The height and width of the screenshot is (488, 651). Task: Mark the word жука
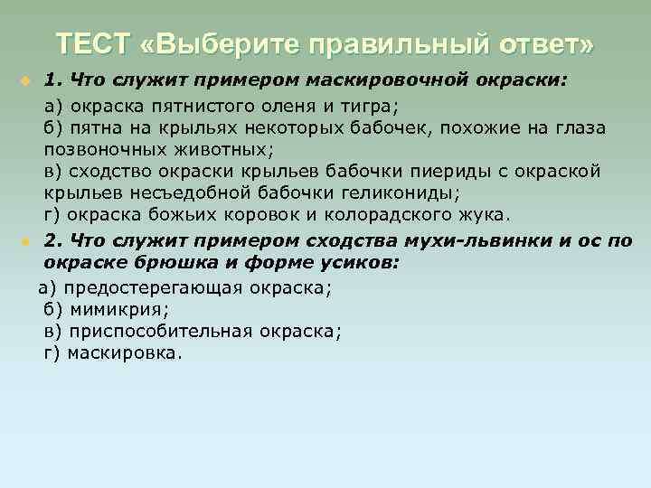[486, 216]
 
